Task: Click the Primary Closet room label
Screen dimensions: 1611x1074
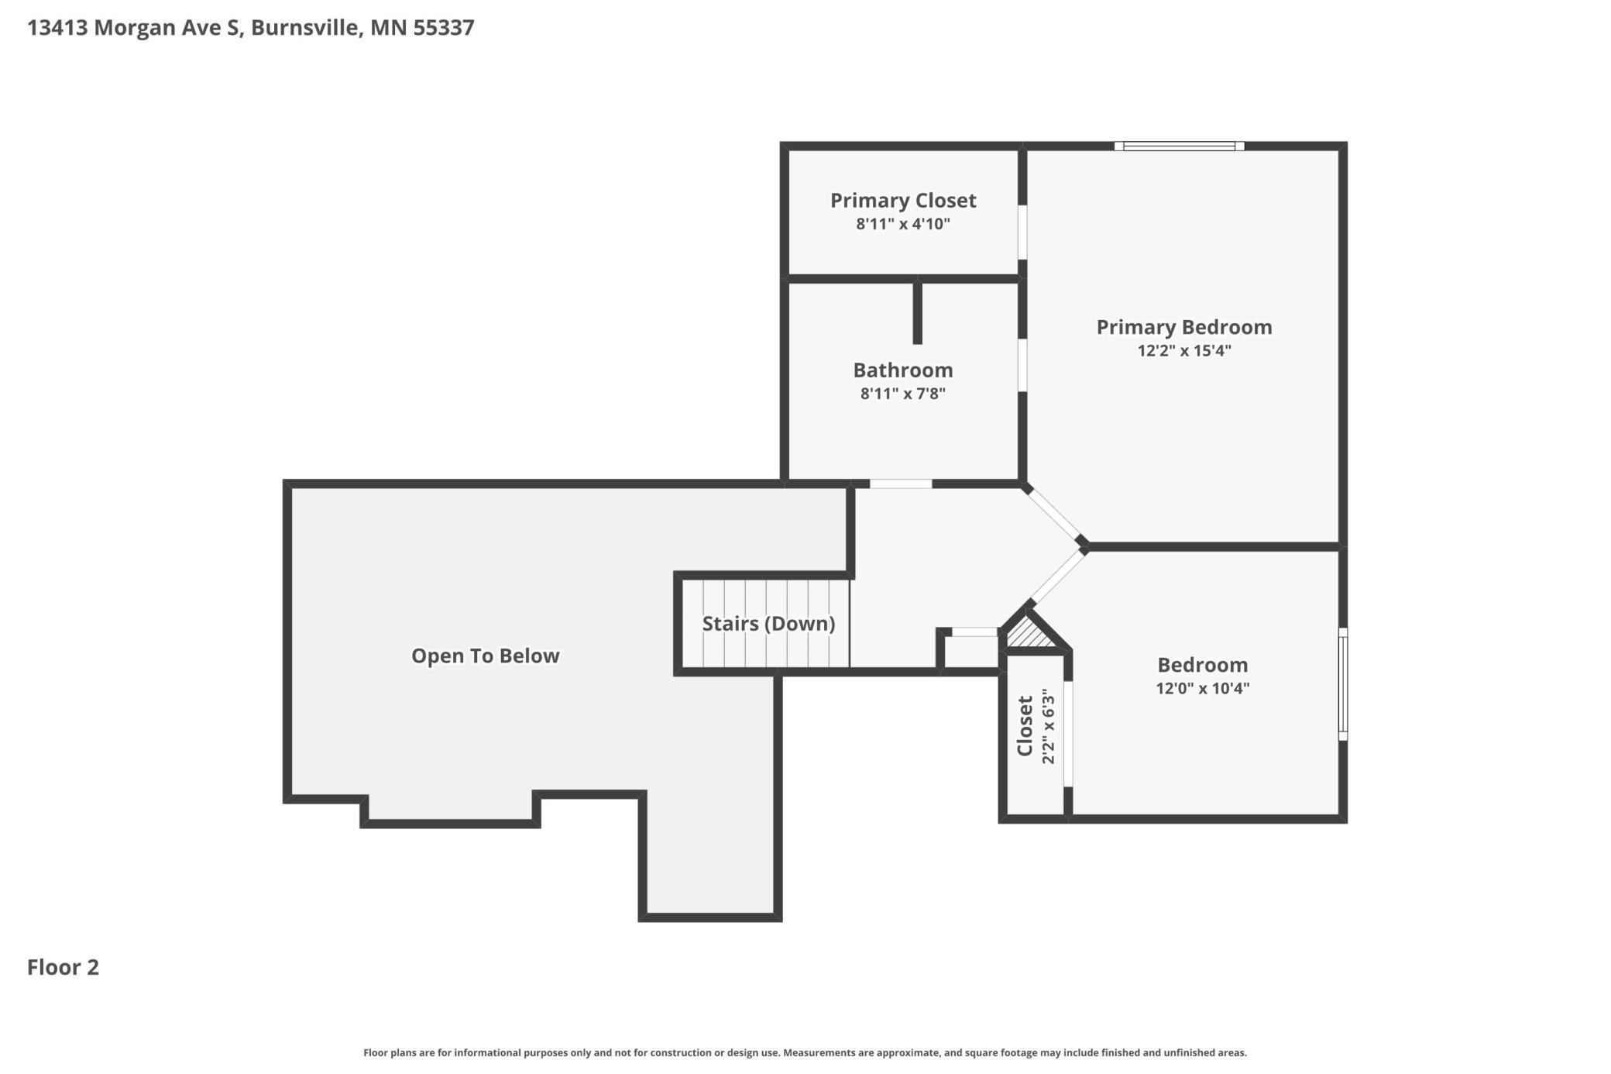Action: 903,201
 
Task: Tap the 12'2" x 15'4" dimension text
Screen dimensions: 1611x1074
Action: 1184,350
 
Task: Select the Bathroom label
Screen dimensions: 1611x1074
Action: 903,370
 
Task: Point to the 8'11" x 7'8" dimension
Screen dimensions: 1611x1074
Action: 903,394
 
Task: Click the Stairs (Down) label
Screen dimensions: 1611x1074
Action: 768,624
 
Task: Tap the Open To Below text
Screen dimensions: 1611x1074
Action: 486,656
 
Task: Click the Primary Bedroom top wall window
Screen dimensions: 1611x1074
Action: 1180,146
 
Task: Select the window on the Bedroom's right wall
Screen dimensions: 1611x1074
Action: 1343,684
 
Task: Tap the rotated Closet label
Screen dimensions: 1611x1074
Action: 1025,726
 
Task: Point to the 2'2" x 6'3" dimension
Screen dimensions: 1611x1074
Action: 1048,726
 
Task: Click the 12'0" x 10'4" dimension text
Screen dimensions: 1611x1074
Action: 1203,688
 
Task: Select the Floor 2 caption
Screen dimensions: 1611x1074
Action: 64,967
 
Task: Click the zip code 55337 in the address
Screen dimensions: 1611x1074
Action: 444,28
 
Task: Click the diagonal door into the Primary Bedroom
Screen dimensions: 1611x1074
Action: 1054,515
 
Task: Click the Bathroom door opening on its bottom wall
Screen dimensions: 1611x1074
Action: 901,484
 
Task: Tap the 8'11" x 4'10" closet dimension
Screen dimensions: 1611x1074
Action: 903,225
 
